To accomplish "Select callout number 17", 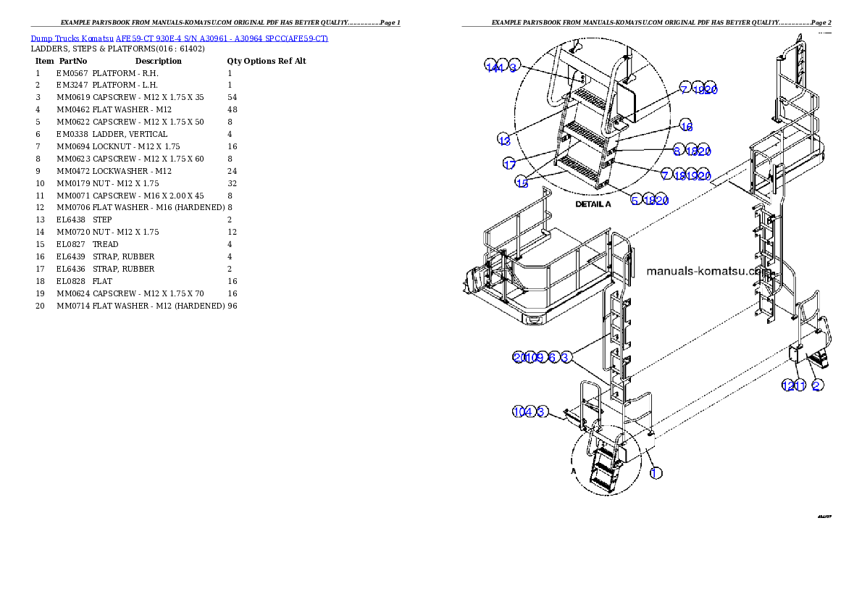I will point(510,164).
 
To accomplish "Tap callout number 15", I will point(522,183).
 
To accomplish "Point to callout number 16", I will point(686,126).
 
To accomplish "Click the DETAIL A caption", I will point(593,204).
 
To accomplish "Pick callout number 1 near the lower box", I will point(655,473).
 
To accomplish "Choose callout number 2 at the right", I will point(816,385).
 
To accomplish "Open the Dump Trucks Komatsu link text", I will point(179,38).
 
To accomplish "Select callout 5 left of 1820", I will point(635,200).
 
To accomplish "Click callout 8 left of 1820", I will point(677,151).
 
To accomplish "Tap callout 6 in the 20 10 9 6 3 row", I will point(553,356).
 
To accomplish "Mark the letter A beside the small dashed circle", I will point(574,469).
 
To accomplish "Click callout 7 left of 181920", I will point(666,175).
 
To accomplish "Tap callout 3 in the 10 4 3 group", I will point(541,411).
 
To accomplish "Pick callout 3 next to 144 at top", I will point(514,67).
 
